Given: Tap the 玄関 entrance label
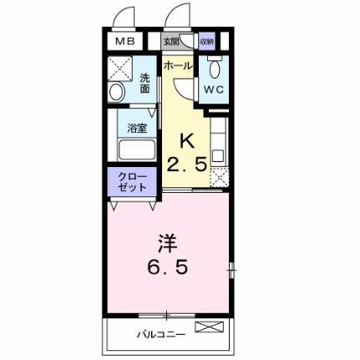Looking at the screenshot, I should (171, 39).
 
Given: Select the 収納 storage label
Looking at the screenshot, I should (206, 40).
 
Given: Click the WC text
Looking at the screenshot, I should (211, 86).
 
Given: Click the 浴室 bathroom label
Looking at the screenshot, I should (136, 129).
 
